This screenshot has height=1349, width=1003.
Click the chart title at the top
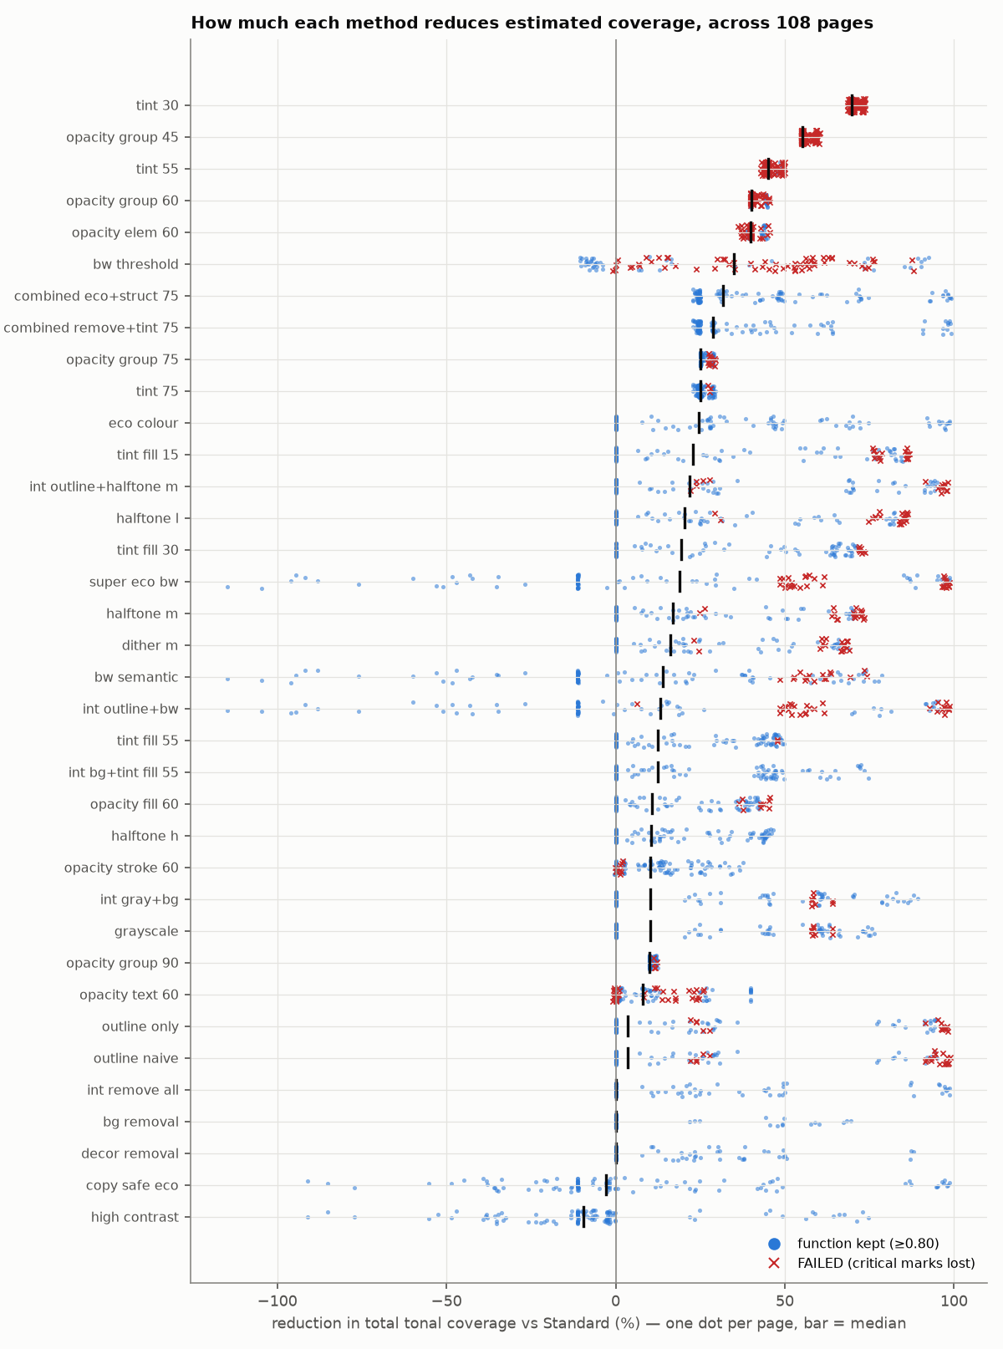pyautogui.click(x=532, y=23)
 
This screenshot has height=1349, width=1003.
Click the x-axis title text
pyautogui.click(x=588, y=1323)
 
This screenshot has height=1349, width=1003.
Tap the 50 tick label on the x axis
pyautogui.click(x=785, y=1301)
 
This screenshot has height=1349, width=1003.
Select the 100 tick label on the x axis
pyautogui.click(x=954, y=1301)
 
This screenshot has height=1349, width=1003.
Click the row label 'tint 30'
pyautogui.click(x=157, y=106)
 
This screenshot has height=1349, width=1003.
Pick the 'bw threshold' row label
pyautogui.click(x=135, y=265)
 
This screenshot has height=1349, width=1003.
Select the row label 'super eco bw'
pyautogui.click(x=134, y=582)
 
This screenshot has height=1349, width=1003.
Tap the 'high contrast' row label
pyautogui.click(x=135, y=1217)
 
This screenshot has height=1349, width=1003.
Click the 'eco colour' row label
pyautogui.click(x=144, y=423)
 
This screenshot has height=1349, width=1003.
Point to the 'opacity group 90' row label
pyautogui.click(x=122, y=964)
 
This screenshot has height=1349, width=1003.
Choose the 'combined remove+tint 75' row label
pyautogui.click(x=91, y=328)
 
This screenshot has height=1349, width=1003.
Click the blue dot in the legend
pyautogui.click(x=774, y=1244)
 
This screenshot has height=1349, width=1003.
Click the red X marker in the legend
pyautogui.click(x=774, y=1263)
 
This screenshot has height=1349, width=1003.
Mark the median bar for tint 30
pyautogui.click(x=853, y=105)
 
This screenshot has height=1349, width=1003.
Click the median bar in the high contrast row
pyautogui.click(x=584, y=1217)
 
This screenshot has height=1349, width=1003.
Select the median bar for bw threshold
pyautogui.click(x=734, y=265)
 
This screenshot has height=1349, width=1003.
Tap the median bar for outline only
pyautogui.click(x=629, y=1026)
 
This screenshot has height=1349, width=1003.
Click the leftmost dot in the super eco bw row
pyautogui.click(x=227, y=588)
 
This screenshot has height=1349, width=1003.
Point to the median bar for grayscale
pyautogui.click(x=651, y=931)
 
